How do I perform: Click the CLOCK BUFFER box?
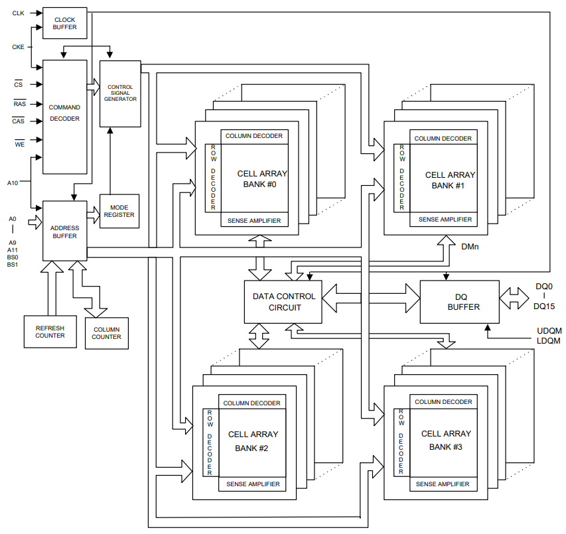point(64,23)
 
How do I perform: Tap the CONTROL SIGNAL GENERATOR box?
point(120,93)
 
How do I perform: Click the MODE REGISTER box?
point(119,211)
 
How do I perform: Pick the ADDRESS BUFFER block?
point(64,232)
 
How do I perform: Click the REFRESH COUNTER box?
point(50,332)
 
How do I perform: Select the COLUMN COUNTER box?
point(106,333)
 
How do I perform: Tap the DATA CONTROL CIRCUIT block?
point(284,302)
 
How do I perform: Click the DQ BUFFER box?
point(459,302)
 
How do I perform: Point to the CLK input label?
point(18,13)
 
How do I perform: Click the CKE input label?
point(18,46)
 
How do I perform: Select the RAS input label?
point(19,103)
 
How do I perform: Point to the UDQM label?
point(549,330)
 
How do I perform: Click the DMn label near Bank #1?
point(470,246)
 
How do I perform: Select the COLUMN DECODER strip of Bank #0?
point(253,136)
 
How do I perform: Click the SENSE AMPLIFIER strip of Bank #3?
point(443,484)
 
